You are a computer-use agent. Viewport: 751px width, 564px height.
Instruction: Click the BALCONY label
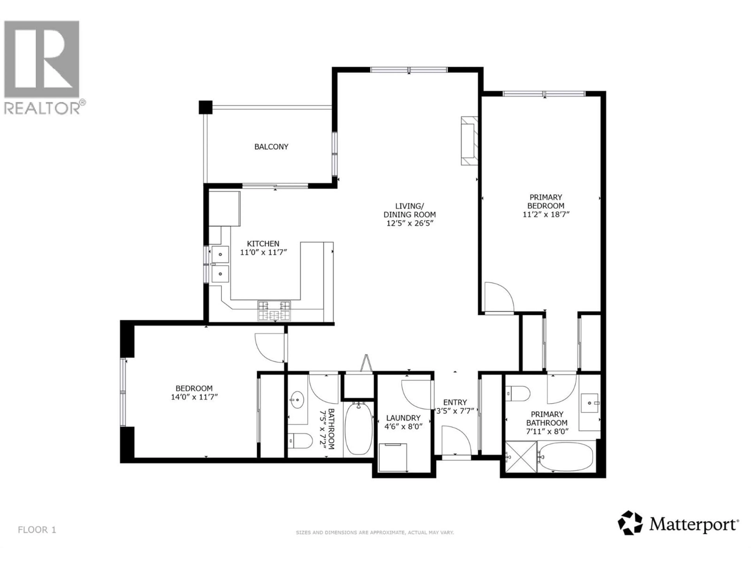(x=271, y=147)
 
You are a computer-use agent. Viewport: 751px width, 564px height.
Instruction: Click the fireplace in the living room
(x=469, y=141)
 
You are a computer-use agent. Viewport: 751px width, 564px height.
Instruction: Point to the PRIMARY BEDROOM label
(x=546, y=201)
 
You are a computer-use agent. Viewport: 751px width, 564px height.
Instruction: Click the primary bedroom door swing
(x=498, y=297)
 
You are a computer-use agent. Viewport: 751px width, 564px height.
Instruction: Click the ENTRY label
(x=455, y=402)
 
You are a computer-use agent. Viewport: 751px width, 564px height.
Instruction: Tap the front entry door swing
(x=456, y=441)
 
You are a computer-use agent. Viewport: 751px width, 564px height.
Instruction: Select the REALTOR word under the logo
(x=42, y=108)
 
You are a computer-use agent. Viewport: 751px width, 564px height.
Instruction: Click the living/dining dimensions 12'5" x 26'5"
(x=410, y=223)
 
